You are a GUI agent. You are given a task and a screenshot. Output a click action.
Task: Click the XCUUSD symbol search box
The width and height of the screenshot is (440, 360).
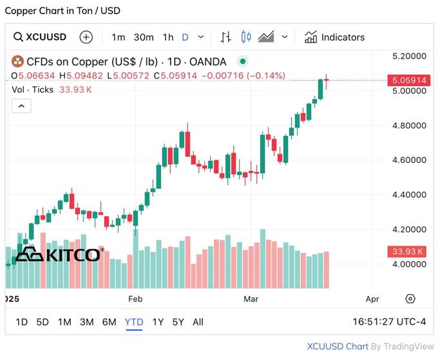click(41, 37)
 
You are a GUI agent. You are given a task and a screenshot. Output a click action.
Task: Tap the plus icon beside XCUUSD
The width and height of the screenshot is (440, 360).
click(86, 37)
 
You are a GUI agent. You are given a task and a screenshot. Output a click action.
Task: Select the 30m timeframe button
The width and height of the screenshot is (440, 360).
click(144, 37)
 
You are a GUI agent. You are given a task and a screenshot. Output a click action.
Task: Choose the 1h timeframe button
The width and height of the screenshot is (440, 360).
click(168, 37)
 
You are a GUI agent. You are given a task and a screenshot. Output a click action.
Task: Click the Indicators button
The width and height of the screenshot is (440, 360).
click(335, 37)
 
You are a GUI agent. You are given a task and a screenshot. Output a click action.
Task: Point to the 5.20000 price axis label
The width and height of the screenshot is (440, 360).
click(410, 57)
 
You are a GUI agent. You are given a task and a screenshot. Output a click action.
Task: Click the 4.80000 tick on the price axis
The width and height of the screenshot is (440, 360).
click(410, 126)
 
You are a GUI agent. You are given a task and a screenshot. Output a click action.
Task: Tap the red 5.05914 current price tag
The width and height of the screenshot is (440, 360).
click(409, 81)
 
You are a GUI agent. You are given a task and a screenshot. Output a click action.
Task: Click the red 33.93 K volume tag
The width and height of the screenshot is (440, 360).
click(409, 251)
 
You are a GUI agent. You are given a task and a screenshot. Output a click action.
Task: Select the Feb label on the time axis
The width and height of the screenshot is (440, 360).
click(135, 299)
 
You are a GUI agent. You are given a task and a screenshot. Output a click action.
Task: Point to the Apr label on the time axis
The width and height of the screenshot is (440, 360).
click(372, 299)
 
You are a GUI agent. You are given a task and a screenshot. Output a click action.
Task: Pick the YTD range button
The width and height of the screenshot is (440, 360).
click(134, 322)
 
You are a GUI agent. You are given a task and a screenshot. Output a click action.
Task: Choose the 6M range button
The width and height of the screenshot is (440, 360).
click(109, 322)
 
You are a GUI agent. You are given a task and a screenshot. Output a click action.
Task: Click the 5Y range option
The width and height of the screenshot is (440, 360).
click(178, 322)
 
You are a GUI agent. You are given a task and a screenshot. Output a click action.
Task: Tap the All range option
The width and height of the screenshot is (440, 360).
click(198, 322)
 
